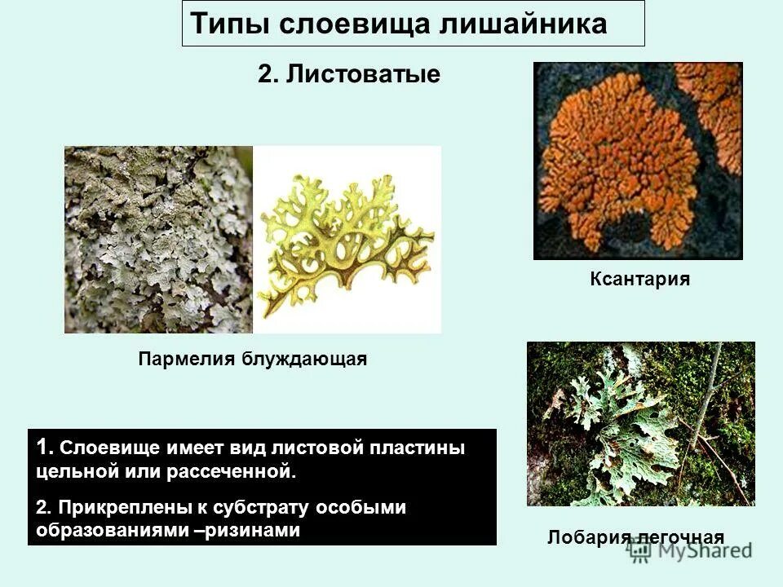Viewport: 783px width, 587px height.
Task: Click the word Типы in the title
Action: point(230,24)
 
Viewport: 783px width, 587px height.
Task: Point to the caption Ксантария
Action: point(640,280)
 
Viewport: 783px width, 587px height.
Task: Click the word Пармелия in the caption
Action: point(187,359)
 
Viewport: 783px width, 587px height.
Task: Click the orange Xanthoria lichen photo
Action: point(638,161)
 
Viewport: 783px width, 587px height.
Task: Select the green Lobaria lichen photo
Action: point(640,423)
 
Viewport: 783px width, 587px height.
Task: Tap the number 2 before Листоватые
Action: point(266,75)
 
